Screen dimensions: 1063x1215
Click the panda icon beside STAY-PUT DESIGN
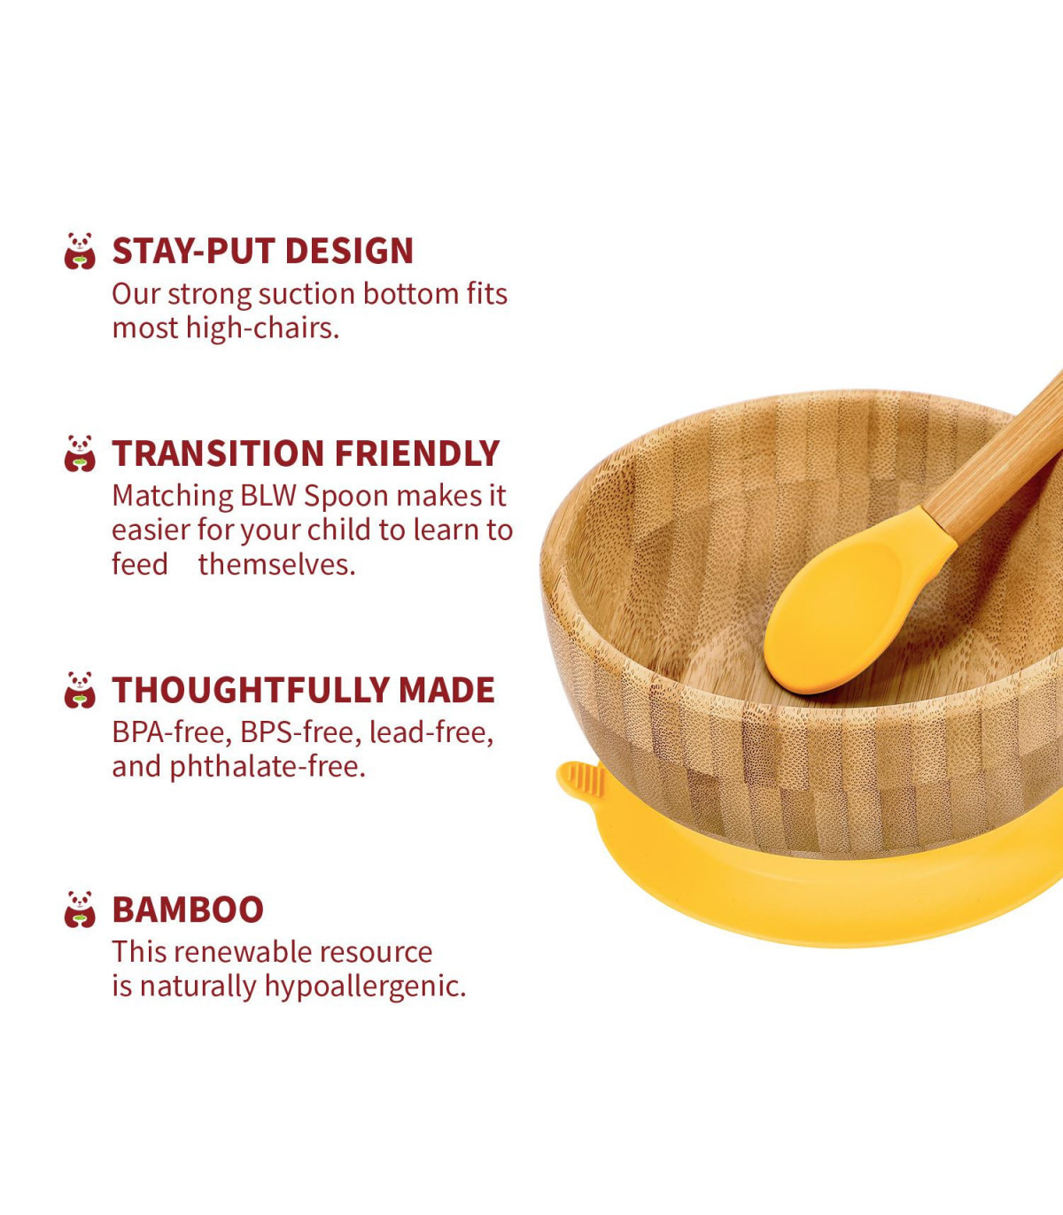pos(80,252)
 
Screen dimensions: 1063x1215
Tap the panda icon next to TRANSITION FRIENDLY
pos(80,453)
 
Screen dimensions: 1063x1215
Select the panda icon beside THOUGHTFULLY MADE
pos(80,690)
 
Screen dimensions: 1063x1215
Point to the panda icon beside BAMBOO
pos(80,909)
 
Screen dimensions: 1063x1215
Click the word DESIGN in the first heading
pos(349,252)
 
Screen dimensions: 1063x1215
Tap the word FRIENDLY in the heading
pos(417,453)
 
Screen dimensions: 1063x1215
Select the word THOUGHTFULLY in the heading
pos(250,690)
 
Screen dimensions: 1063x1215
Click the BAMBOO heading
pos(188,909)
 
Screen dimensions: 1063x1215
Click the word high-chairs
pos(262,329)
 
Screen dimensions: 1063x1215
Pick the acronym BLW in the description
pos(268,496)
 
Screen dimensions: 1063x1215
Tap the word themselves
pos(276,565)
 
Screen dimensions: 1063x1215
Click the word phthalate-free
pos(268,767)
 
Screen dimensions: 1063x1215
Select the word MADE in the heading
pos(446,690)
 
